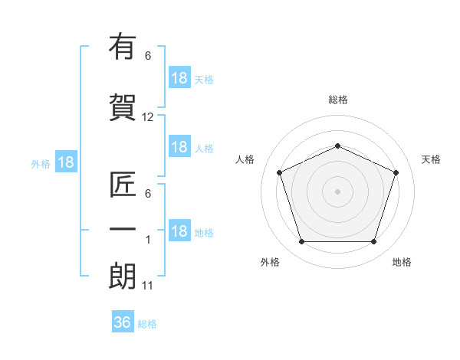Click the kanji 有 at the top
(123, 46)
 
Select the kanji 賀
(123, 107)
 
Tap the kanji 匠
(123, 185)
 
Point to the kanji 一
(123, 229)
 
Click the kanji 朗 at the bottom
(123, 277)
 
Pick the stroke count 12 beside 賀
(147, 117)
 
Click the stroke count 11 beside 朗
(147, 286)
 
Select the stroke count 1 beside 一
(148, 240)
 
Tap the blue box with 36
(123, 321)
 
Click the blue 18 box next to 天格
(179, 77)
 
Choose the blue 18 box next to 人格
(179, 146)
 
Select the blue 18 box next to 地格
(179, 230)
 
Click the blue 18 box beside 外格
(66, 162)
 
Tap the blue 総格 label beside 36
(147, 324)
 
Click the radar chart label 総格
(338, 100)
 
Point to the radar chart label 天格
(431, 159)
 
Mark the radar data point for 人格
(279, 172)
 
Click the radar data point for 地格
(373, 242)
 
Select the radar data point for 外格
(301, 242)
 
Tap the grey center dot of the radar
(337, 191)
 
